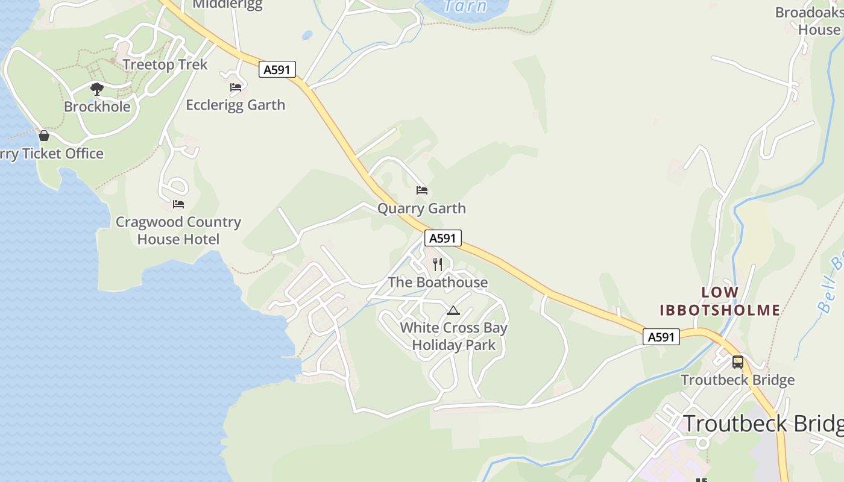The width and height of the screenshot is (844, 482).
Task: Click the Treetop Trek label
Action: pos(165,64)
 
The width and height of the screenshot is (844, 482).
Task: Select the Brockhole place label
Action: pos(97,107)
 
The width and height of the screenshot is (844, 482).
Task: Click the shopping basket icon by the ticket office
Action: pos(43,136)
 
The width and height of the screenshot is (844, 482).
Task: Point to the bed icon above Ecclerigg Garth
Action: pos(236,87)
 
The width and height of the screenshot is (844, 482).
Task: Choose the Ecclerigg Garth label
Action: pos(235,105)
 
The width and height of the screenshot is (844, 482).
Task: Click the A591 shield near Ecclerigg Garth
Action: pos(277,69)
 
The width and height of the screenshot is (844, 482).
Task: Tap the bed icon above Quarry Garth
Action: pos(422,191)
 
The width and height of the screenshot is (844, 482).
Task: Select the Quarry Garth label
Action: pos(421,208)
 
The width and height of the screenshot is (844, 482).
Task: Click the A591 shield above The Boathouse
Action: pos(442,238)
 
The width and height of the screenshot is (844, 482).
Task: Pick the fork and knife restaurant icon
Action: pos(438,264)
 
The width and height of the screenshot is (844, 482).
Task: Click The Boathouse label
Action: pos(438,282)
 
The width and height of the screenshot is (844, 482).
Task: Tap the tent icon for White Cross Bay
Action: pos(453,311)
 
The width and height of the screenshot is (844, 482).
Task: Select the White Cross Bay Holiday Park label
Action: pos(453,336)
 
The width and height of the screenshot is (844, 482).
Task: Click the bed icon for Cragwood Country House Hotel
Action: pos(178,204)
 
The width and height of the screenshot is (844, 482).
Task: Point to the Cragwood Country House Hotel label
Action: pos(178,231)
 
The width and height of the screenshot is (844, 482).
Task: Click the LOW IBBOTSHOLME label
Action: pos(720,301)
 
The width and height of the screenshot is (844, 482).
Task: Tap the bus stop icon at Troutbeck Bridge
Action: pos(738,362)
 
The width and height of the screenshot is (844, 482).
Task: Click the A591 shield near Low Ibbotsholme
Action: pos(661,337)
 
